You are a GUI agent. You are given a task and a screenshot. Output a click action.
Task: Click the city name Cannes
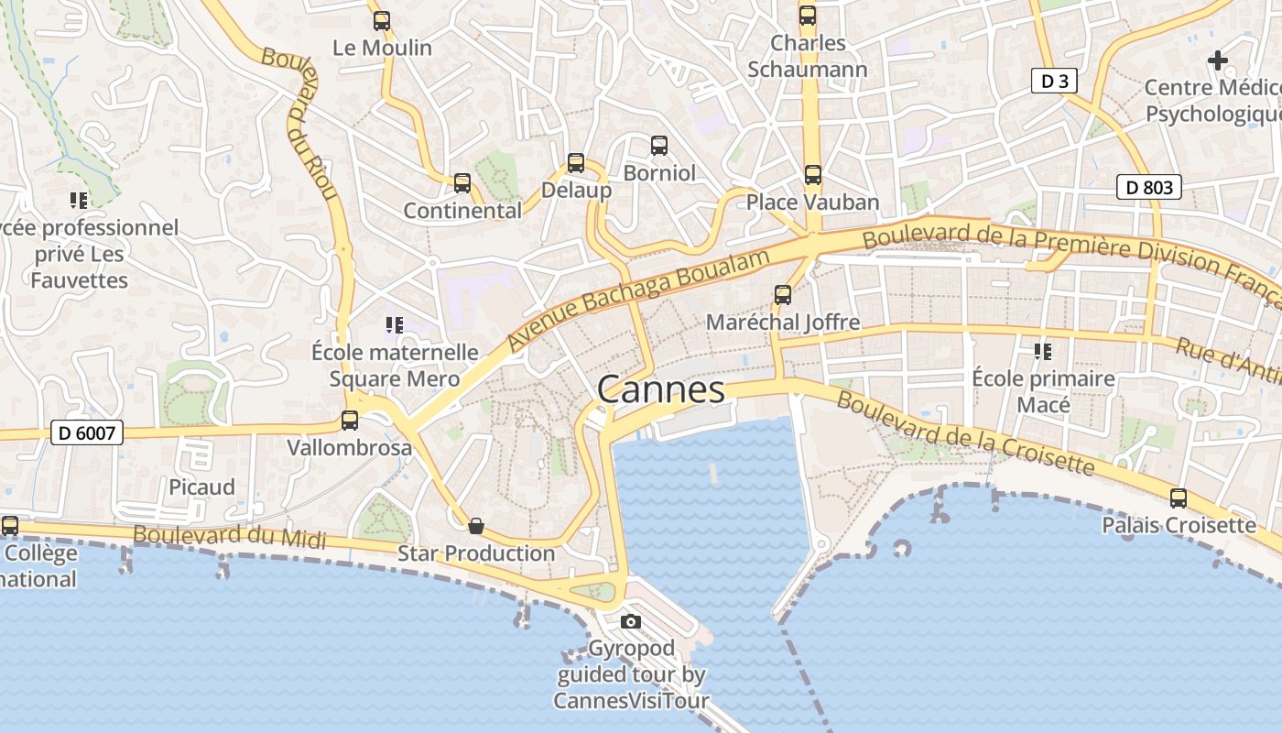pyautogui.click(x=661, y=390)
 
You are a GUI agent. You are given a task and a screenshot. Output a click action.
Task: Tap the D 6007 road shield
pyautogui.click(x=87, y=432)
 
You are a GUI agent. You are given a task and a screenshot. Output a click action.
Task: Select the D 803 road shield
pyautogui.click(x=1149, y=188)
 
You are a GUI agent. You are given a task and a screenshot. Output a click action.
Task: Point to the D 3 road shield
pyautogui.click(x=1054, y=81)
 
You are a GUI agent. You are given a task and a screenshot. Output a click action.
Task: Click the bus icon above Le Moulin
pyautogui.click(x=382, y=20)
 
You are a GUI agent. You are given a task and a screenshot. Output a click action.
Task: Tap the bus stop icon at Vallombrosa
pyautogui.click(x=350, y=421)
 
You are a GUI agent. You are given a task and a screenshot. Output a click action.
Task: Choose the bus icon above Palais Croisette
pyautogui.click(x=1179, y=498)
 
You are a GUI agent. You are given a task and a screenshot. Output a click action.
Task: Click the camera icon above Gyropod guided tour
pyautogui.click(x=630, y=621)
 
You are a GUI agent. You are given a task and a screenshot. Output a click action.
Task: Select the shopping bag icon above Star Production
pyautogui.click(x=476, y=526)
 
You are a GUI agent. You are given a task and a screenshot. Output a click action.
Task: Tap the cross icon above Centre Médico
pyautogui.click(x=1217, y=60)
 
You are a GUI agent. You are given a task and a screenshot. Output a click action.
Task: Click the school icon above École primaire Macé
pyautogui.click(x=1042, y=351)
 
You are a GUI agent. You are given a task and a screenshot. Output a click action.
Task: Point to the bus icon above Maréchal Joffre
pyautogui.click(x=783, y=295)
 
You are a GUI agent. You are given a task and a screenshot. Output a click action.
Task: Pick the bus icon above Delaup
pyautogui.click(x=576, y=163)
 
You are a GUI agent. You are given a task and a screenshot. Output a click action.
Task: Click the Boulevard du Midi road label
pyautogui.click(x=229, y=536)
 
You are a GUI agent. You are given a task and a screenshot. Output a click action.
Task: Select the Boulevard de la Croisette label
pyautogui.click(x=965, y=434)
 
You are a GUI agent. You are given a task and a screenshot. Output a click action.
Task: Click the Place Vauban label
pyautogui.click(x=812, y=202)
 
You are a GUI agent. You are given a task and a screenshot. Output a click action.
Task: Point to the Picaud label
pyautogui.click(x=201, y=487)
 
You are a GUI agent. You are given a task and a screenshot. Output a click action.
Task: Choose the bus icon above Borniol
pyautogui.click(x=659, y=146)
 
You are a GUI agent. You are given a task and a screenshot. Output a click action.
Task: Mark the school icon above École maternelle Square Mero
pyautogui.click(x=395, y=325)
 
